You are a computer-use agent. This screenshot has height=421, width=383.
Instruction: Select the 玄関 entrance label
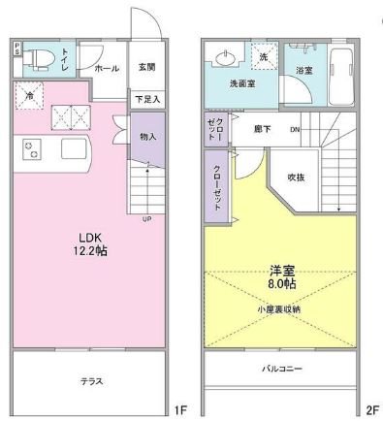[x=146, y=67]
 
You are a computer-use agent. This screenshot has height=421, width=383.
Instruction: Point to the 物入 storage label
[x=148, y=137]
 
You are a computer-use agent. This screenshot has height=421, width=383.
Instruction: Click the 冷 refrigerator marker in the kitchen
[x=30, y=96]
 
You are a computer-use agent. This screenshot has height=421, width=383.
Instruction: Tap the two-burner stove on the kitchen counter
[x=31, y=148]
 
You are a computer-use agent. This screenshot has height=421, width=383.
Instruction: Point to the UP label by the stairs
[x=146, y=218]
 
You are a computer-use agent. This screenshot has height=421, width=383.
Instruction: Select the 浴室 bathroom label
[x=303, y=71]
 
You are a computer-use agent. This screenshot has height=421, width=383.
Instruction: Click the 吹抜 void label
[x=296, y=177]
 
